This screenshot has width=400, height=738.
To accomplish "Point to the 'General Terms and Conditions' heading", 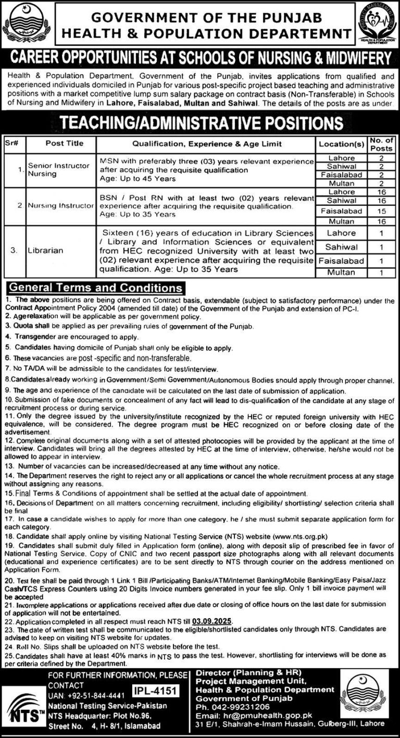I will click(96, 287).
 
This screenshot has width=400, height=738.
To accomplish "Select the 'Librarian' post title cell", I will click(46, 250).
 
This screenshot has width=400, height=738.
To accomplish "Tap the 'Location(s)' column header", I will click(341, 143).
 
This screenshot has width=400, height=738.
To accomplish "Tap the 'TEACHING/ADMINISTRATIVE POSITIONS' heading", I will click(201, 123).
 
